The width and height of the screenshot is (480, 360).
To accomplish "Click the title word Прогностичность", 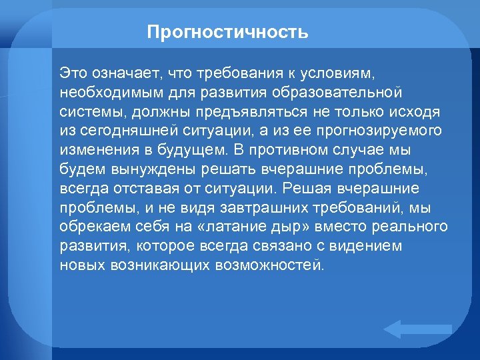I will tap(227, 32).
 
